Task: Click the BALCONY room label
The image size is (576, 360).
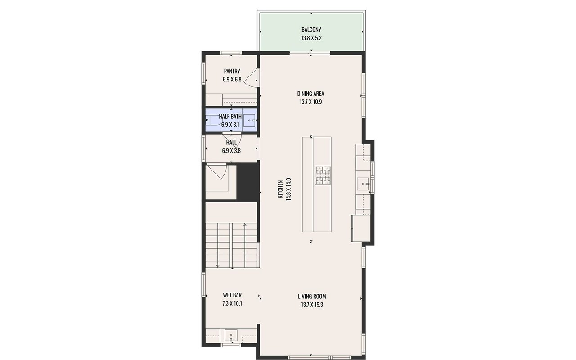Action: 311,30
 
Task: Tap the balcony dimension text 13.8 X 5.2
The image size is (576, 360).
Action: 311,38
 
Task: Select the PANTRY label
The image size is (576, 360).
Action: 232,71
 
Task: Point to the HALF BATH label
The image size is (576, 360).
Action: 230,117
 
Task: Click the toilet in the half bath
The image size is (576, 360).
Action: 213,120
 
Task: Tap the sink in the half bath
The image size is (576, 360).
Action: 249,120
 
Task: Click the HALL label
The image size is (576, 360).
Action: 231,143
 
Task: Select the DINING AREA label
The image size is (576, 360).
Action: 310,94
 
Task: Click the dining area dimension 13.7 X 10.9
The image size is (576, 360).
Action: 310,102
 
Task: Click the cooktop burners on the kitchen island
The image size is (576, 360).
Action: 323,175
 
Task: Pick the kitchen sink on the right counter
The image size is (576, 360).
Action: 363,184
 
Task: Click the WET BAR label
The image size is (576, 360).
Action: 232,295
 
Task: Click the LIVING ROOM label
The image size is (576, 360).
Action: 312,297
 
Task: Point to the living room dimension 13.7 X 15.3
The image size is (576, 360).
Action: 312,305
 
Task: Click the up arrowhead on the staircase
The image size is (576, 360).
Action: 245,225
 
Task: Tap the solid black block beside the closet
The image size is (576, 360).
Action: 248,181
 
